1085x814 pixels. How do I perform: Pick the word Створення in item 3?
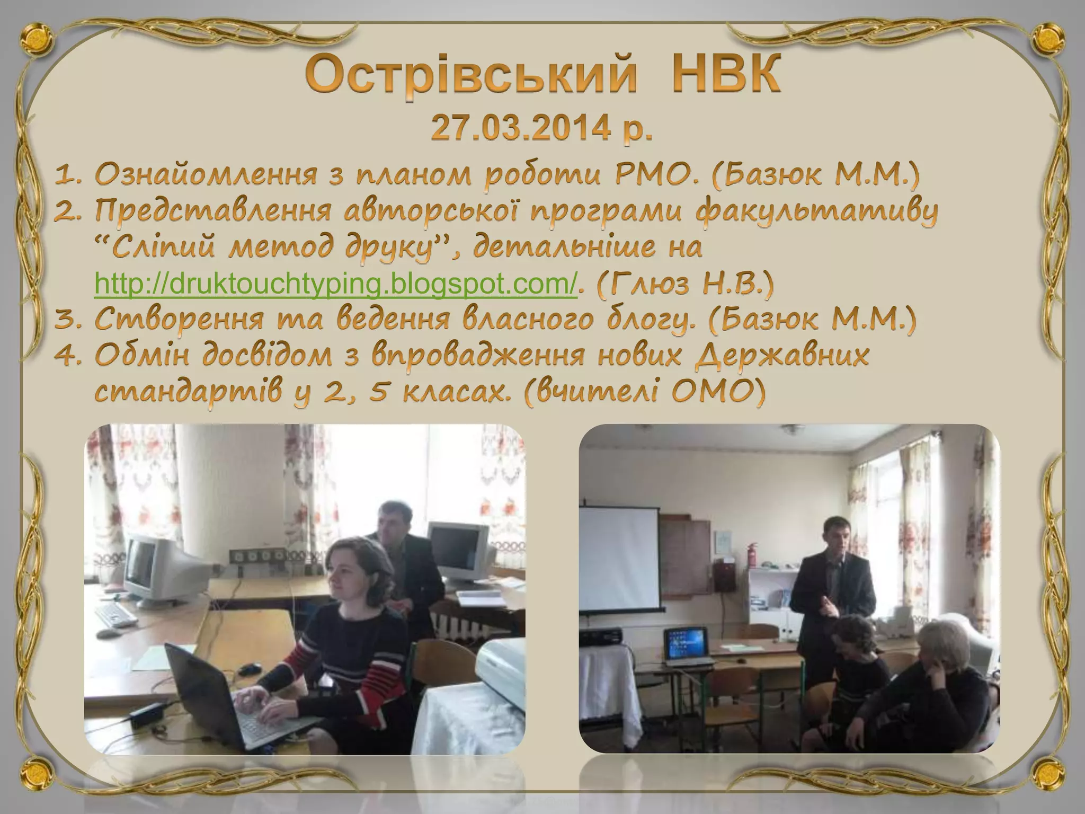tap(180, 320)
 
